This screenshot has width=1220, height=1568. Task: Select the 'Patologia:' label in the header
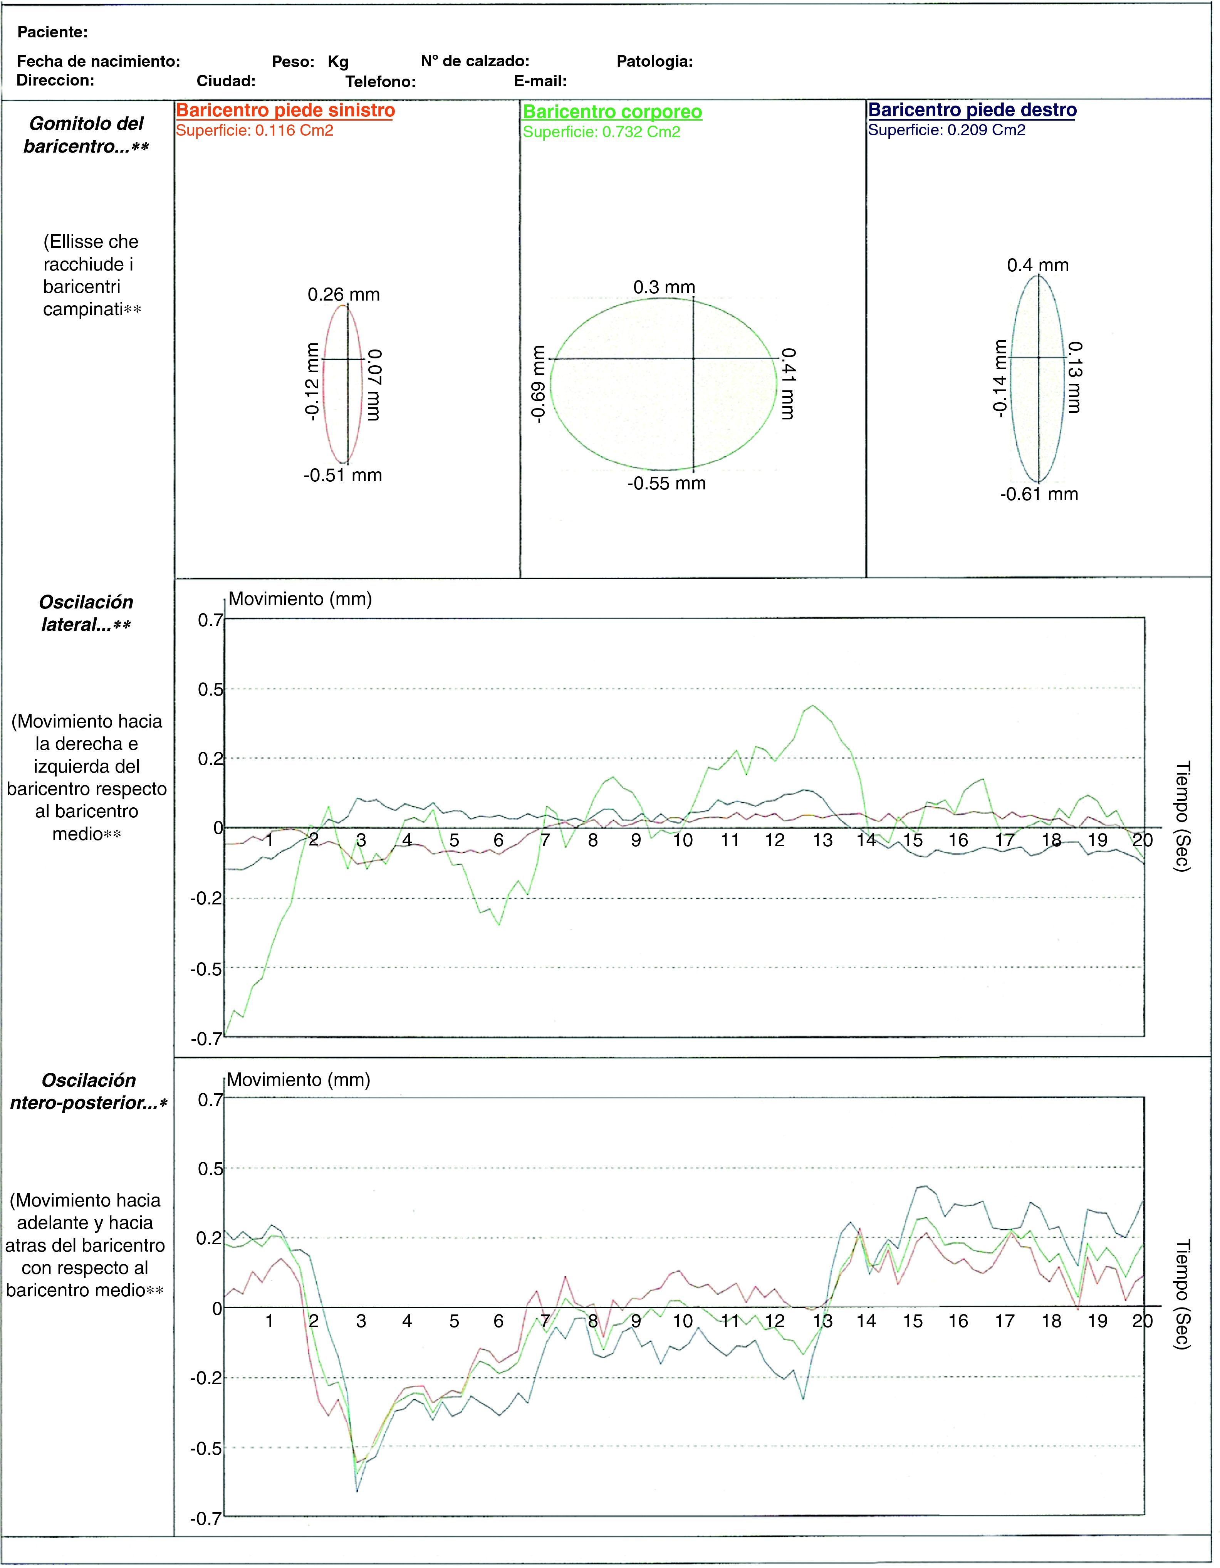click(654, 62)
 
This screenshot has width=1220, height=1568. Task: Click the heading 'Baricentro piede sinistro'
click(285, 111)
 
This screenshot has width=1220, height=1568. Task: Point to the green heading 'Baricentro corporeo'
click(612, 112)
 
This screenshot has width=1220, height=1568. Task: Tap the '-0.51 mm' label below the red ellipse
click(342, 475)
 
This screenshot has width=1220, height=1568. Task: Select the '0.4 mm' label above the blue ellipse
click(1038, 266)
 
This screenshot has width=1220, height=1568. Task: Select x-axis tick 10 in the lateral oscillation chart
click(683, 840)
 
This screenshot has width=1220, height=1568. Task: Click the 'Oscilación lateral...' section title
click(86, 613)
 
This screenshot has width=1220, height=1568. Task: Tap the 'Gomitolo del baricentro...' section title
click(86, 135)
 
